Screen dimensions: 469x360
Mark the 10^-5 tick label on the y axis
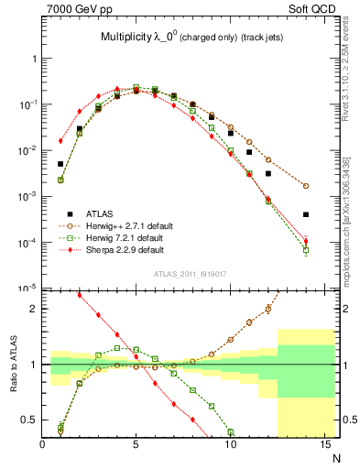[x=27, y=289]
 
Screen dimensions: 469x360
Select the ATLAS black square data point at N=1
[x=60, y=164]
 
